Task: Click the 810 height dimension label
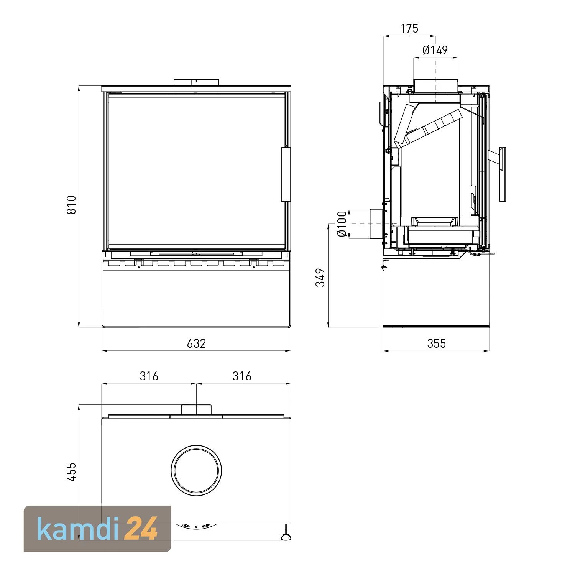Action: coord(72,205)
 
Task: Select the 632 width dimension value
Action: coord(196,343)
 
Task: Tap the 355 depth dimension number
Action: coord(436,343)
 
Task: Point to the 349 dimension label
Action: coord(320,277)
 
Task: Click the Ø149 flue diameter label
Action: coord(435,50)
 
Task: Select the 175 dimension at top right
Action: coord(409,29)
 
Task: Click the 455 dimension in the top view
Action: coord(72,472)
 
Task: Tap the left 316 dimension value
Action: coord(149,376)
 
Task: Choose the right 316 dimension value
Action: coord(242,376)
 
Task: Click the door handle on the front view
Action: coord(286,174)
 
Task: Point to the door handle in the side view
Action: coord(501,174)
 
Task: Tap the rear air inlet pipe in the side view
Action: coord(376,223)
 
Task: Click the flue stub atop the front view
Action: coord(196,83)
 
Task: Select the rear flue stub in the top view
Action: coord(196,409)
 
